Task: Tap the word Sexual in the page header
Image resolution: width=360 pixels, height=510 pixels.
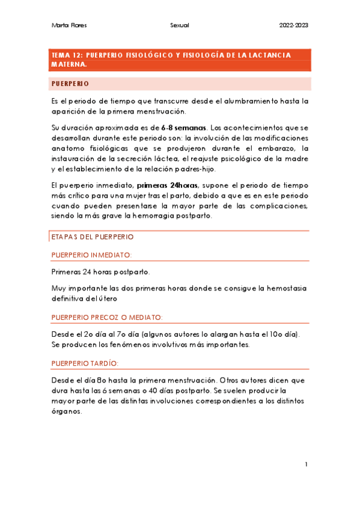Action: click(180, 25)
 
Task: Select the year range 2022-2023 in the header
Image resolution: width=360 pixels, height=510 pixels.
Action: click(294, 25)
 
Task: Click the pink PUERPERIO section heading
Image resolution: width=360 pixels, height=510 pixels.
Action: click(70, 84)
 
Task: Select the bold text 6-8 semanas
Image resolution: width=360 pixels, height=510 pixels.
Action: click(184, 127)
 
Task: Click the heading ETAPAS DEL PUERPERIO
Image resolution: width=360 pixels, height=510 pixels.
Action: click(92, 238)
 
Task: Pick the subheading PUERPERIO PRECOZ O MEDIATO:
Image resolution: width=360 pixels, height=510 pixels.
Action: click(107, 317)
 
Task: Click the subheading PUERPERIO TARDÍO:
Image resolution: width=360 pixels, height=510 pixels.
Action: click(85, 363)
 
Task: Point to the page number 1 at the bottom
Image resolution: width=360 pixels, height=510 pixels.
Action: click(306, 464)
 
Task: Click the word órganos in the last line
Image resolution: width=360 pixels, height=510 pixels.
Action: click(66, 412)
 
